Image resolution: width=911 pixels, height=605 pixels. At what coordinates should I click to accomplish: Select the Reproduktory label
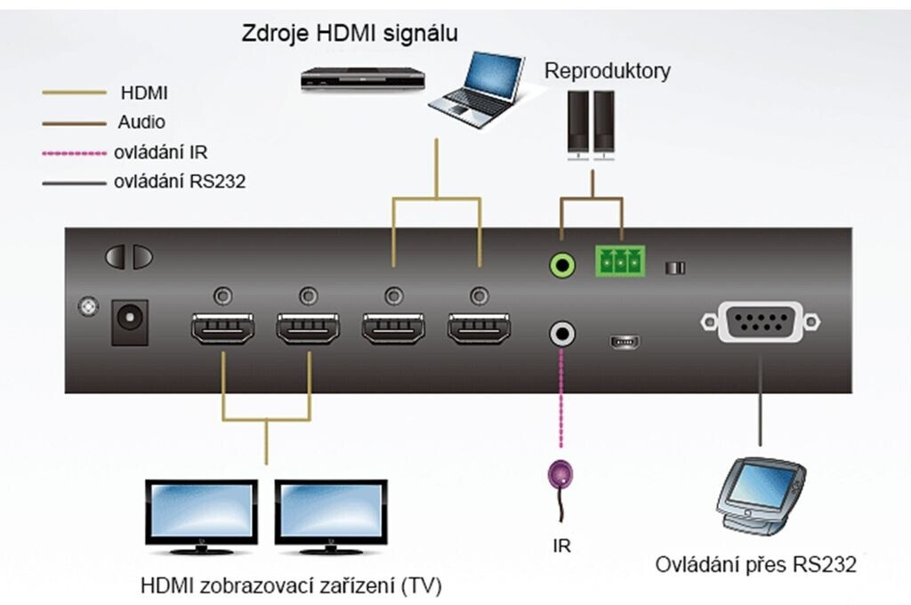click(608, 71)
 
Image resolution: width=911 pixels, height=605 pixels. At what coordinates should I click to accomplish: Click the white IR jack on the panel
click(561, 335)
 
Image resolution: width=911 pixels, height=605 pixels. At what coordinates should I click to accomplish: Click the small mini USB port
click(624, 341)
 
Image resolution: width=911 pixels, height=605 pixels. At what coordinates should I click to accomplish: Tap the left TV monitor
click(201, 514)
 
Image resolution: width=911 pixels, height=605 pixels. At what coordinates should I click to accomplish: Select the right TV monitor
click(331, 514)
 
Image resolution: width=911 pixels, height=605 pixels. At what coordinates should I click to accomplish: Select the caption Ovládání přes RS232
click(756, 565)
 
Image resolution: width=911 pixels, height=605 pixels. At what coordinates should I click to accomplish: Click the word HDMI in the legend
click(142, 92)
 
